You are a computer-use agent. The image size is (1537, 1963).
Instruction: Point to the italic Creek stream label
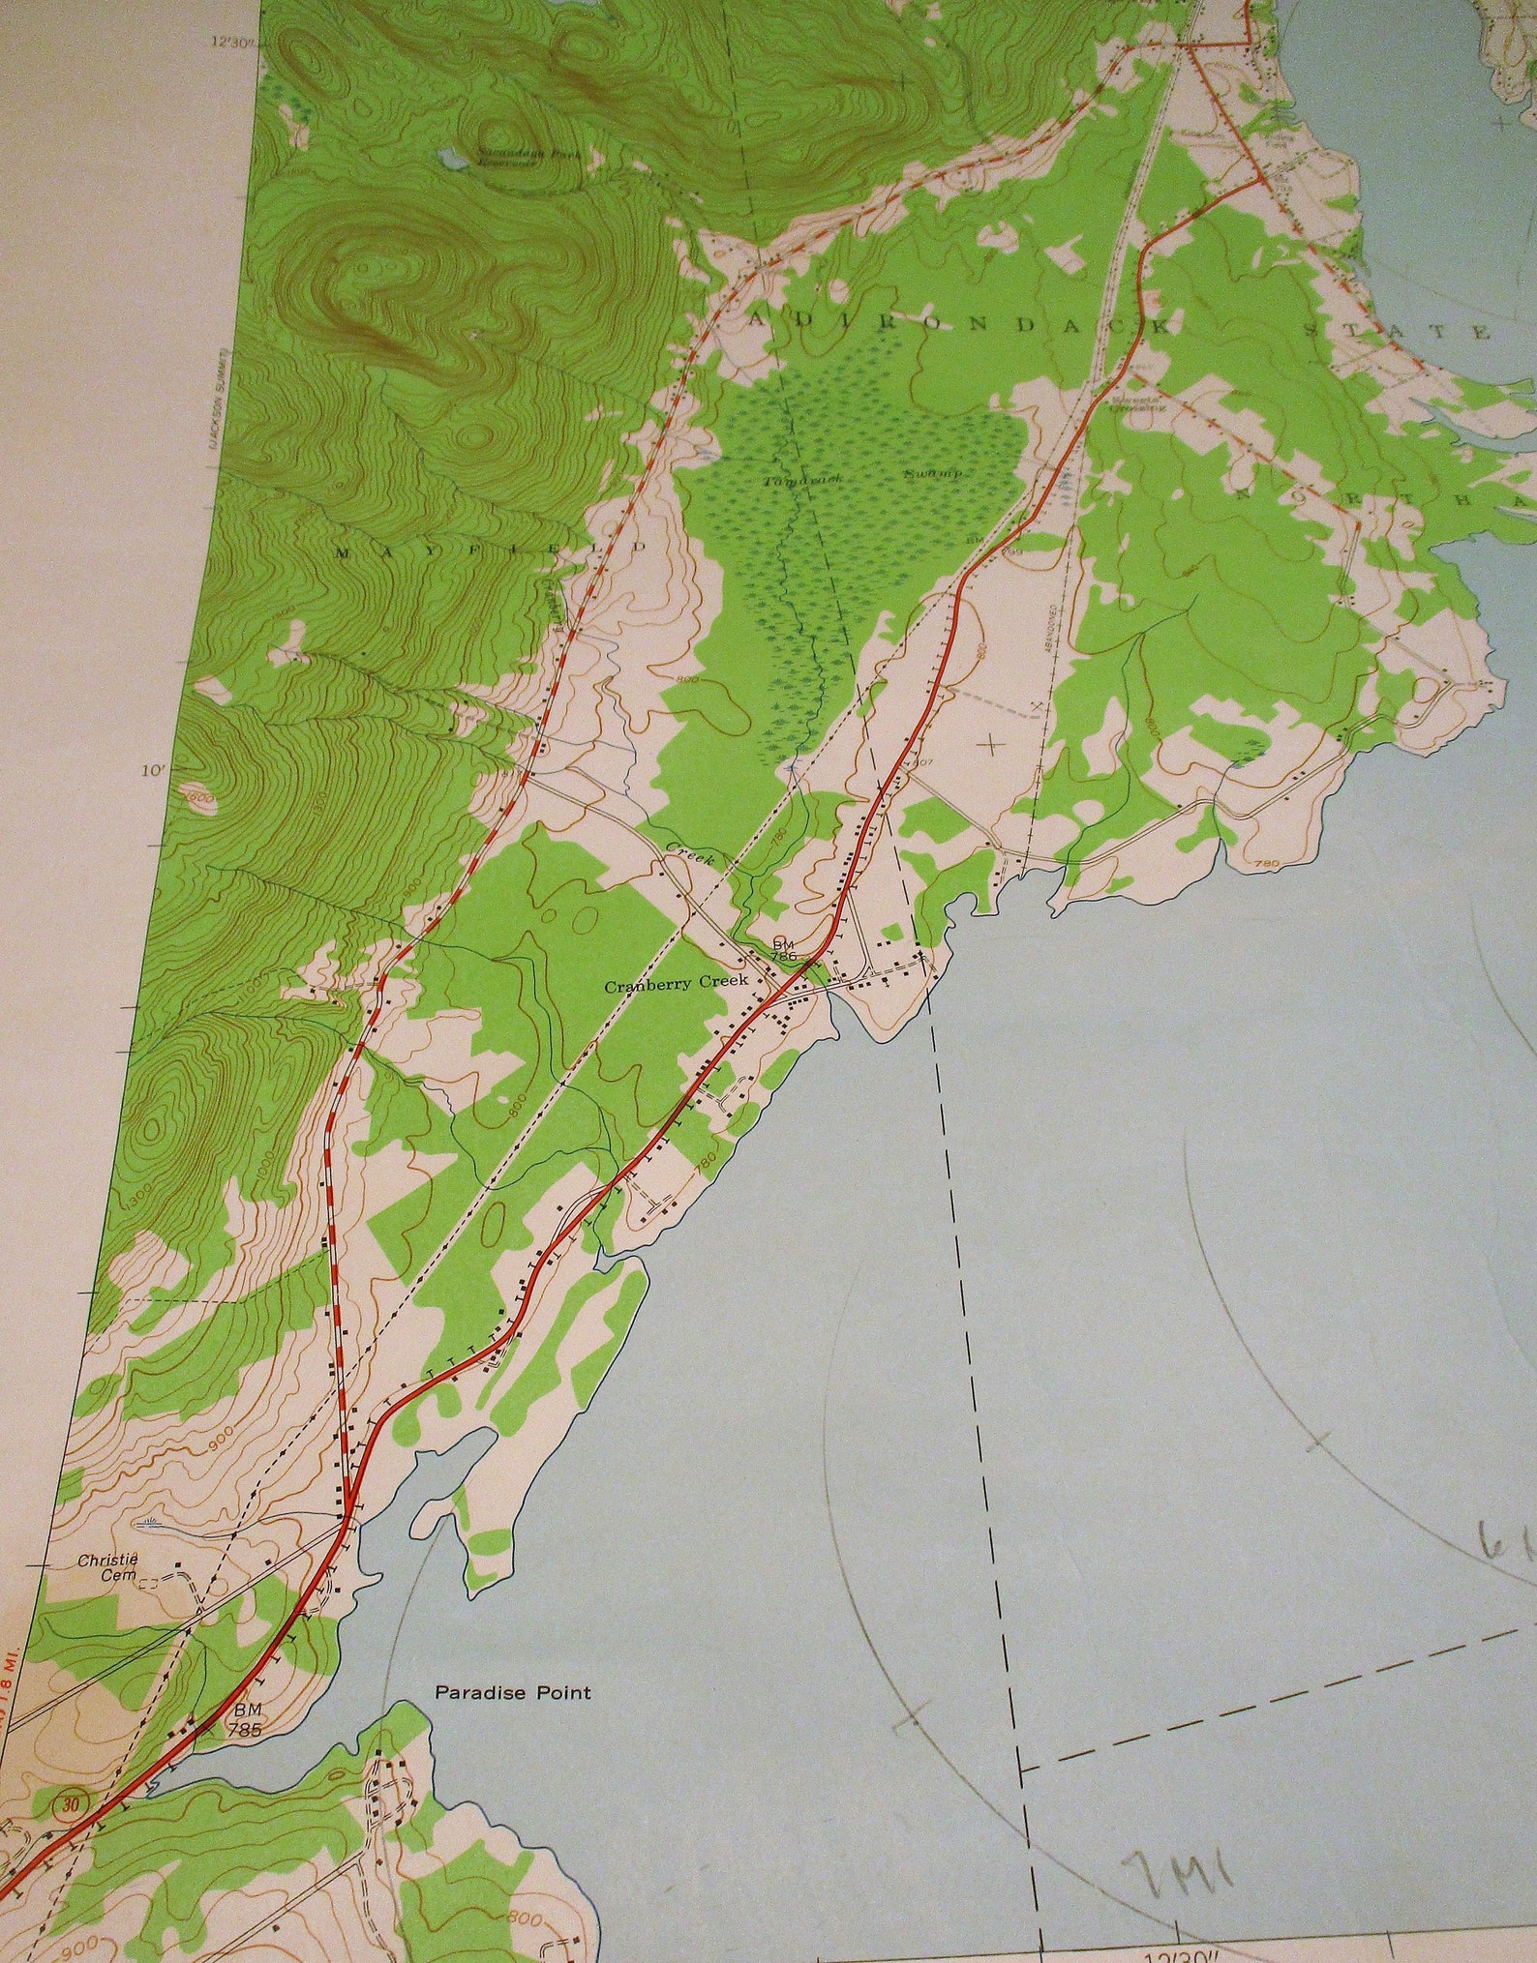pyautogui.click(x=688, y=852)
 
